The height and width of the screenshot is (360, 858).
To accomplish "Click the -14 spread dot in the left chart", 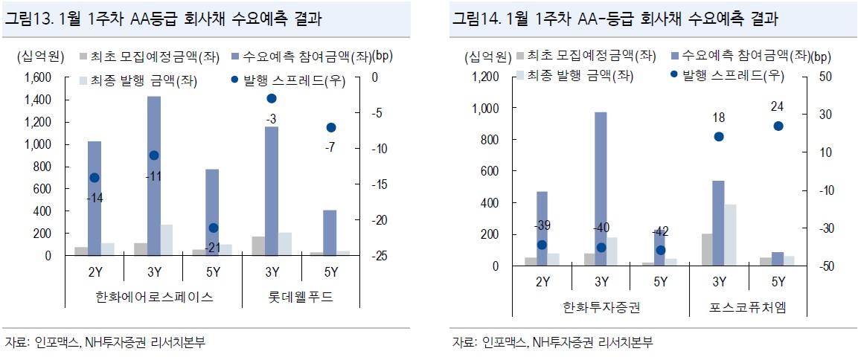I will [95, 178].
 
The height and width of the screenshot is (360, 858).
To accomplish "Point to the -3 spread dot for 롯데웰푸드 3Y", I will [272, 98].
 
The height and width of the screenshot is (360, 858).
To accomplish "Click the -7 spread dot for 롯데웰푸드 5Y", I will [331, 127].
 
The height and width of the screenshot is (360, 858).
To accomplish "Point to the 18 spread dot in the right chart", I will [719, 136].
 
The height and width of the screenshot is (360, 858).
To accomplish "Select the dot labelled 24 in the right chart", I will [778, 126].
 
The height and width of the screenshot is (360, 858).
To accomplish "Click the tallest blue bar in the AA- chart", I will [601, 189].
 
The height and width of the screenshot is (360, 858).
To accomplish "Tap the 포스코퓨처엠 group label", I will [748, 307].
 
